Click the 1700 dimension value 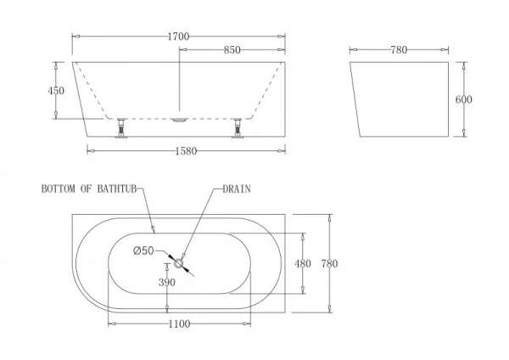178,37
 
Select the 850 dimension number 232,50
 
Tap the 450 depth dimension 56,91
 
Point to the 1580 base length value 186,151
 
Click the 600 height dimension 463,99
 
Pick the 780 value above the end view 399,50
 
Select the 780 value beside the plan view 329,263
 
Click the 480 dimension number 303,263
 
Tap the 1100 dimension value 179,324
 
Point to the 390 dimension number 167,283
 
